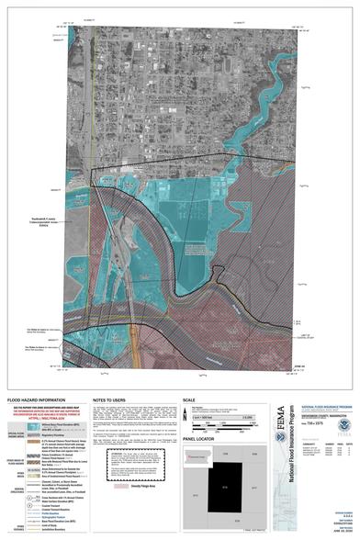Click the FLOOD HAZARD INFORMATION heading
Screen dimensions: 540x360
33,401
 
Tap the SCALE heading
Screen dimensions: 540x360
191,401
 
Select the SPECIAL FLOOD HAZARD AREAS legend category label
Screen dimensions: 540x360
12,434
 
